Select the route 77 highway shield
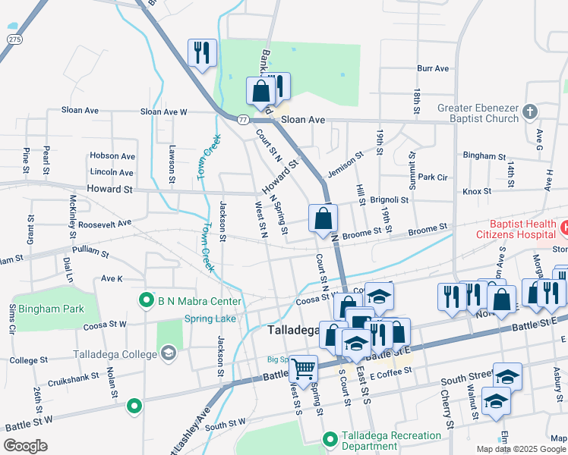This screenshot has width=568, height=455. (x=242, y=120)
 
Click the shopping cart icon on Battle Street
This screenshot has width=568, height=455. (x=304, y=369)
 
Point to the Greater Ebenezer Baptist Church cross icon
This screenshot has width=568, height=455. (x=530, y=113)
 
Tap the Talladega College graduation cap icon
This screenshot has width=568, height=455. (x=167, y=353)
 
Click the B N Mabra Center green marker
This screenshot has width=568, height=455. (x=146, y=301)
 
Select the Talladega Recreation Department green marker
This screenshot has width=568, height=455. (x=330, y=439)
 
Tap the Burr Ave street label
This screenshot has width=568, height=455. (x=432, y=68)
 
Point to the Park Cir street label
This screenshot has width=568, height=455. (x=432, y=177)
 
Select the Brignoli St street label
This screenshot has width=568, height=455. (x=390, y=200)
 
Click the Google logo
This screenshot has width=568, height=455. (x=26, y=446)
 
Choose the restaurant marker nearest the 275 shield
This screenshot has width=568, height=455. (x=202, y=53)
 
